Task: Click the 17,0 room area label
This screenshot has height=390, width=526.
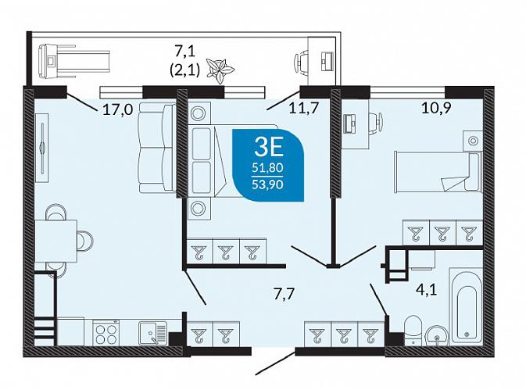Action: click(x=118, y=109)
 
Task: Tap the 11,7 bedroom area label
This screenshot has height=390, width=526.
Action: click(x=303, y=108)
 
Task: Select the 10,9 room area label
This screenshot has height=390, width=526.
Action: click(x=436, y=108)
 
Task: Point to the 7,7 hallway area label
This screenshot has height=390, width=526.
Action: click(x=284, y=295)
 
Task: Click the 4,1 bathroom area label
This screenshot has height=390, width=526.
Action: click(x=427, y=289)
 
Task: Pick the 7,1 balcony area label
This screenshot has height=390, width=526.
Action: click(x=184, y=52)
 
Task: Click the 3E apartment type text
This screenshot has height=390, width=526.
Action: click(x=269, y=148)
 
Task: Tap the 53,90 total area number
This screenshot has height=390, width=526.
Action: click(x=268, y=184)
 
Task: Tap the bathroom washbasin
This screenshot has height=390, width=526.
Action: click(x=436, y=335)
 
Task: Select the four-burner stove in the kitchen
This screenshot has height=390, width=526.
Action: click(x=106, y=332)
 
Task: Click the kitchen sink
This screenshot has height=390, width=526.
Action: click(x=153, y=333)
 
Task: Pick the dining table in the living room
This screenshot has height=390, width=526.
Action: click(x=56, y=241)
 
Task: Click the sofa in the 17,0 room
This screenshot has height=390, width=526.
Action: click(x=157, y=148)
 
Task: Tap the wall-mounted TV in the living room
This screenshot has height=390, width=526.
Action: click(x=42, y=148)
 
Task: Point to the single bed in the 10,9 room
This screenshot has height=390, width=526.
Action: click(x=438, y=172)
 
